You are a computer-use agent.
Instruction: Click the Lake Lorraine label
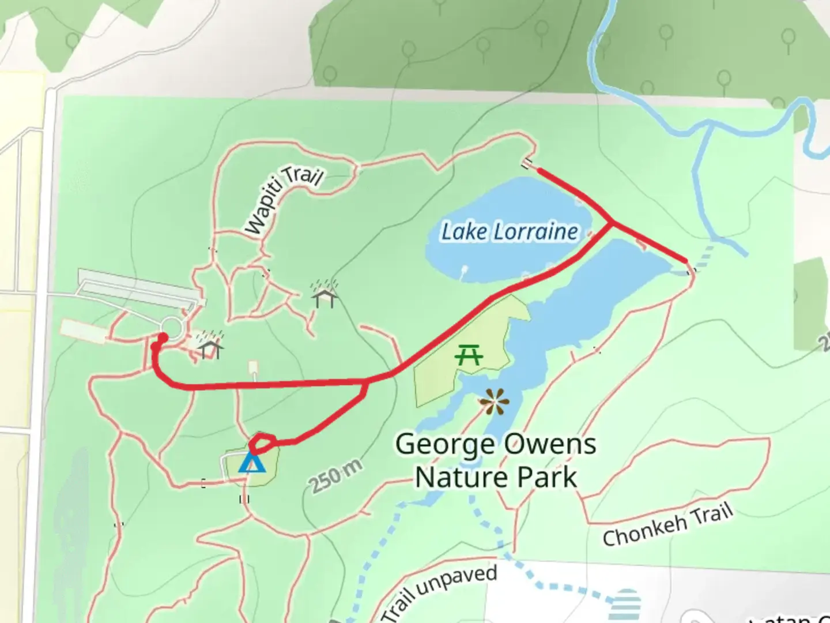point(510,231)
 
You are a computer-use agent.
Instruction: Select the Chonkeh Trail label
point(667,524)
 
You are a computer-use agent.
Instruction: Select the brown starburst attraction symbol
point(493,401)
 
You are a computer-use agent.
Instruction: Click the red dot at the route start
point(163,338)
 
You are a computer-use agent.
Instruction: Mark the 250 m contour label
point(336,476)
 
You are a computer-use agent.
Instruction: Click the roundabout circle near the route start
point(171,328)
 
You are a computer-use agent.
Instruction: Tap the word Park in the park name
point(547,477)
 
